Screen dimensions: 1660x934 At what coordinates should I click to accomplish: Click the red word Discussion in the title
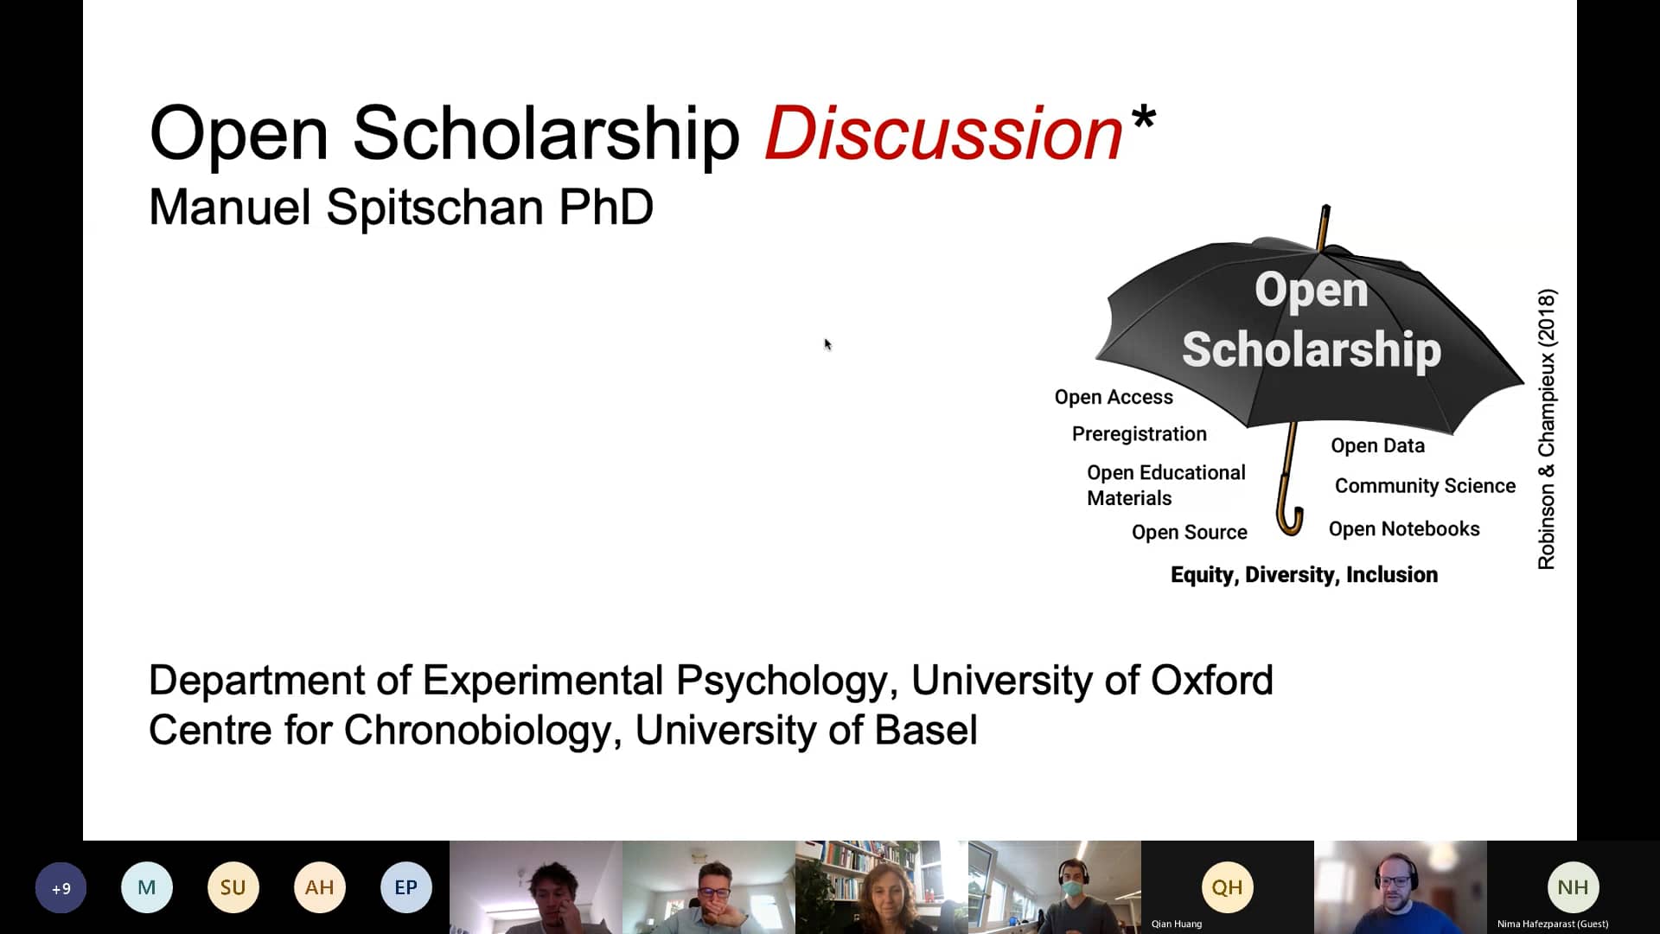click(x=943, y=133)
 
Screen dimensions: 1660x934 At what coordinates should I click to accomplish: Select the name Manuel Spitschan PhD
click(x=401, y=208)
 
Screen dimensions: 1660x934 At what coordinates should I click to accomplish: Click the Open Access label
click(x=1114, y=397)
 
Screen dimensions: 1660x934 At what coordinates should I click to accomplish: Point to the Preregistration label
click(x=1139, y=434)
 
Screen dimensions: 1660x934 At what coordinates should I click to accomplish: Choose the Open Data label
click(x=1377, y=445)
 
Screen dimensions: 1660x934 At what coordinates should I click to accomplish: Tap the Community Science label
click(x=1425, y=486)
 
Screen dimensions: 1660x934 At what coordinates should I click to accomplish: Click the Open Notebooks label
click(x=1404, y=529)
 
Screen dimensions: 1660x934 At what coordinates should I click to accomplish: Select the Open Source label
click(x=1189, y=533)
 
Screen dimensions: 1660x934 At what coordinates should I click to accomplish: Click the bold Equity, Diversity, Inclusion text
click(x=1304, y=575)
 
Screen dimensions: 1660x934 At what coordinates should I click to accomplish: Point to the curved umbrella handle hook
click(x=1290, y=524)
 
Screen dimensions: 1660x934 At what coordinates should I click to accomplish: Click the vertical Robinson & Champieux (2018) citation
click(x=1546, y=429)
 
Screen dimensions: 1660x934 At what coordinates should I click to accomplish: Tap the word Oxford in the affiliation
click(x=1211, y=681)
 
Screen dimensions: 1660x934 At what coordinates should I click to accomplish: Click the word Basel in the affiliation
click(x=926, y=730)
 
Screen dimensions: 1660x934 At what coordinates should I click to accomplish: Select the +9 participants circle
click(x=61, y=887)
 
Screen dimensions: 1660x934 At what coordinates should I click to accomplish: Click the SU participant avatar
click(x=233, y=887)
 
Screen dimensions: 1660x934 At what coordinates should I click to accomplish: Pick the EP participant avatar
click(x=405, y=887)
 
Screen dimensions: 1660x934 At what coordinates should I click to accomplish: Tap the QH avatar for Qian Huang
click(x=1227, y=887)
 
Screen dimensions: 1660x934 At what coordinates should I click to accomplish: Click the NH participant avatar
click(x=1573, y=887)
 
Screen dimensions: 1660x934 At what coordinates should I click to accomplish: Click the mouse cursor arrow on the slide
click(x=827, y=344)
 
